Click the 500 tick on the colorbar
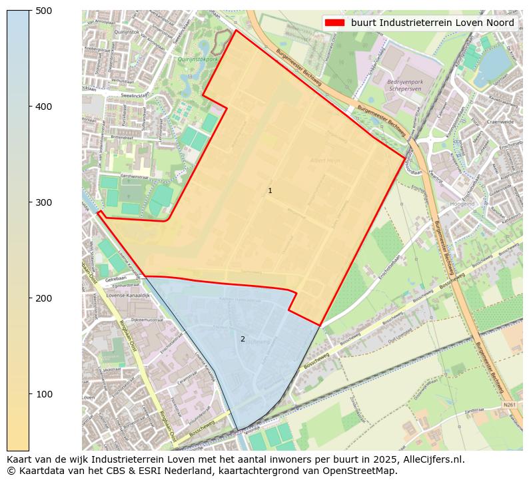pyautogui.click(x=29, y=11)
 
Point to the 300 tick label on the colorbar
pyautogui.click(x=43, y=202)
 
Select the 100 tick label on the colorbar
pyautogui.click(x=43, y=394)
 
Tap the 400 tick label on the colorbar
pyautogui.click(x=43, y=107)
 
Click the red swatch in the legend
pyautogui.click(x=334, y=23)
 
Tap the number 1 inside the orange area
pyautogui.click(x=270, y=191)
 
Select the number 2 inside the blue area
pyautogui.click(x=243, y=339)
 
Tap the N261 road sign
pyautogui.click(x=510, y=404)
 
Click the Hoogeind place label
pyautogui.click(x=462, y=204)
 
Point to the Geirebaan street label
pyautogui.click(x=115, y=281)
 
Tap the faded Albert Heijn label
pyautogui.click(x=324, y=160)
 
